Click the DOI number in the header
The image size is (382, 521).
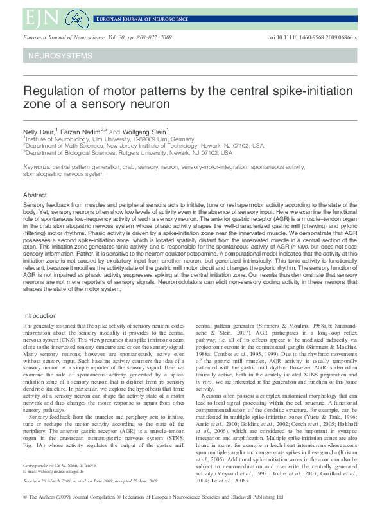coord(312,38)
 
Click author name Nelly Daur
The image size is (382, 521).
coord(39,130)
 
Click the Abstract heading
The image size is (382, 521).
coord(35,195)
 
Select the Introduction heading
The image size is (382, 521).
coord(40,315)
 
